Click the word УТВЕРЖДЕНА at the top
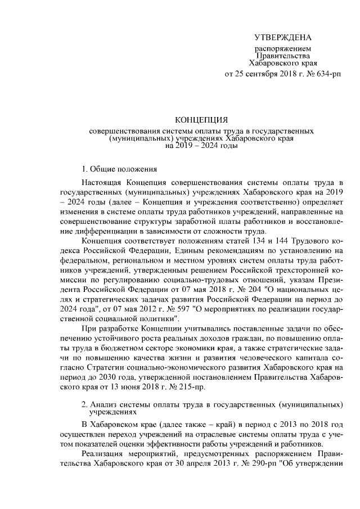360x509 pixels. click(282, 38)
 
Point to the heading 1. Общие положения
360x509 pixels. click(115, 168)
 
